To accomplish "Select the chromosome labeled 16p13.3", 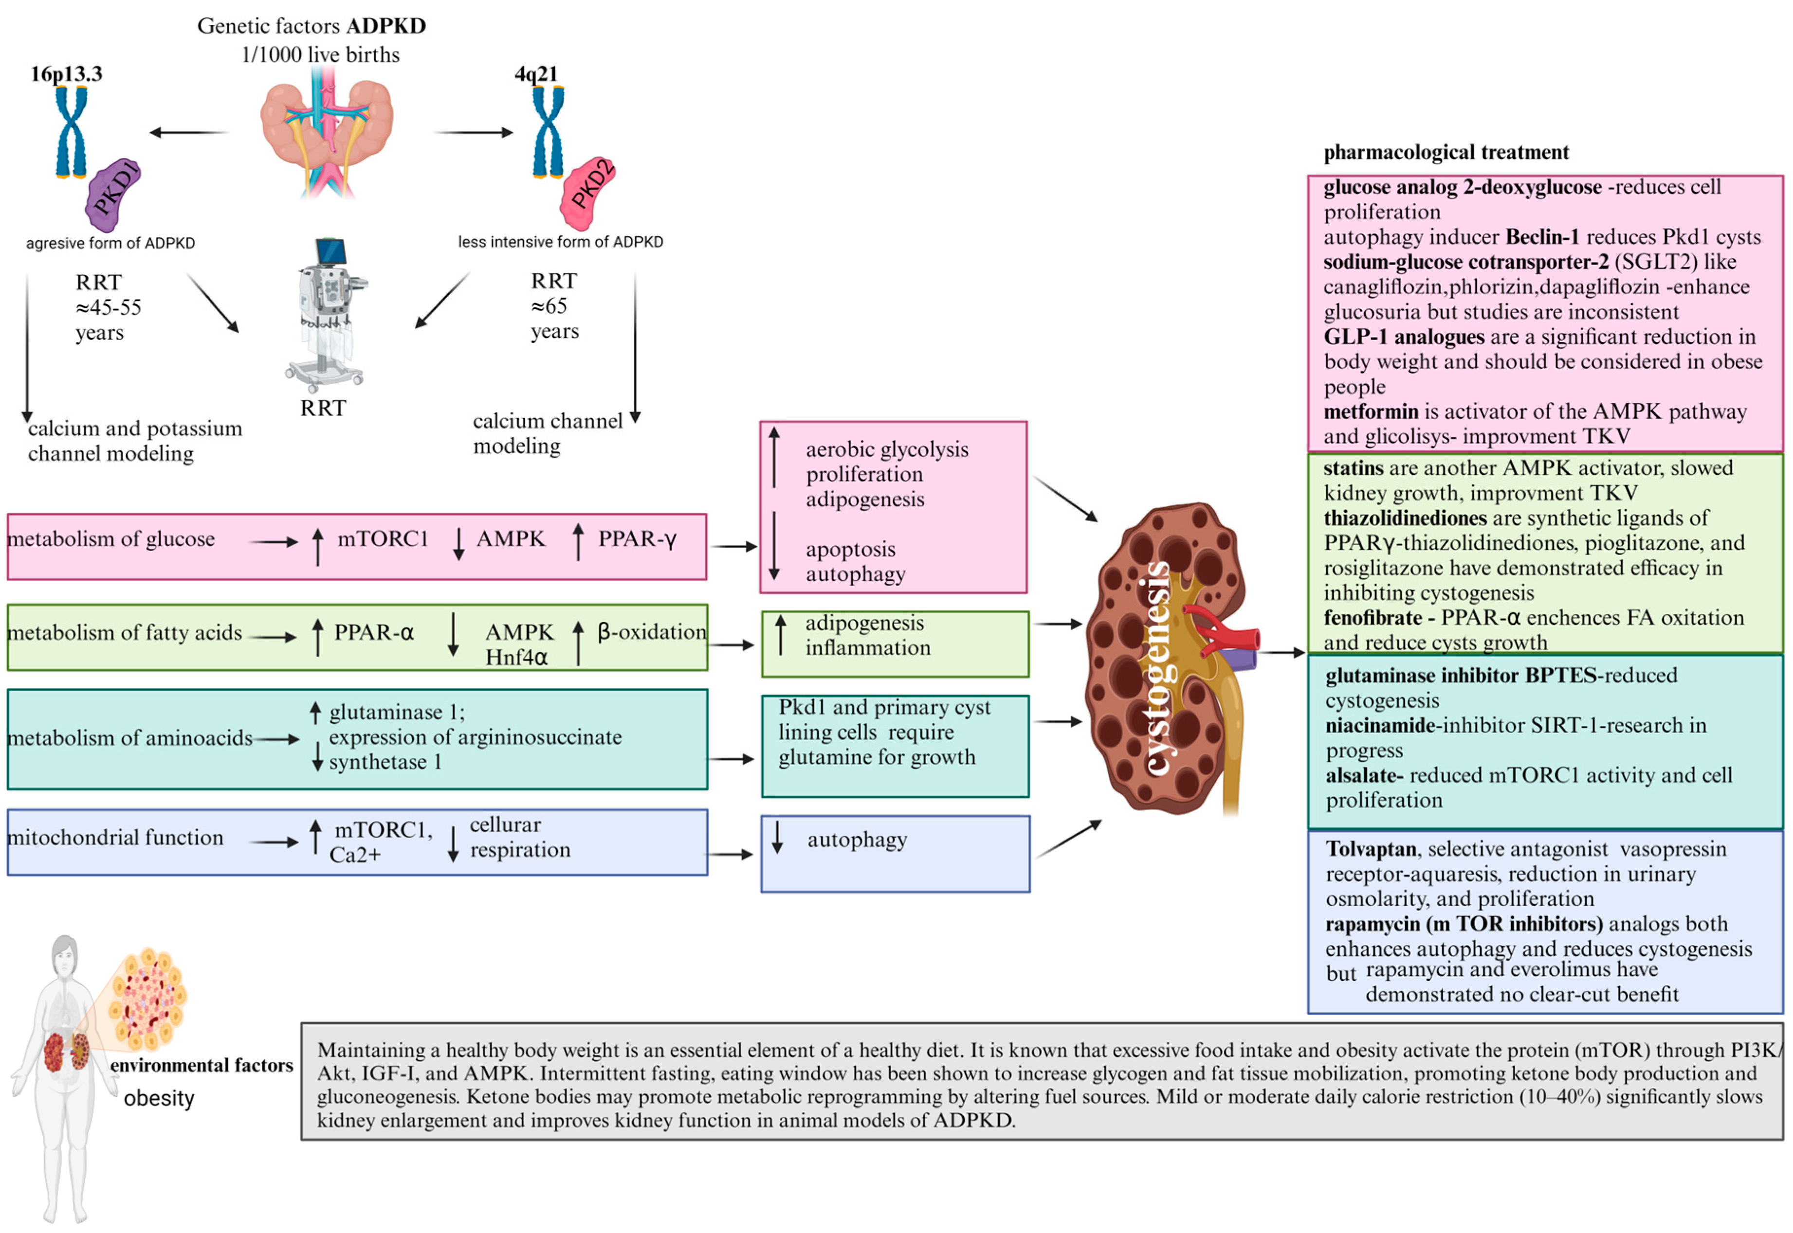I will [71, 131].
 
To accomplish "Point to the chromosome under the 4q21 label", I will [548, 131].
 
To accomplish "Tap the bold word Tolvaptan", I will [1370, 849].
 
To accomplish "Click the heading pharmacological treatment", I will [1445, 152].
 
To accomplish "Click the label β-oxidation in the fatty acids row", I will [652, 632].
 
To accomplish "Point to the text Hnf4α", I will [516, 658].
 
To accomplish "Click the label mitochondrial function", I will [115, 838].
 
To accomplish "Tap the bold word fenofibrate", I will [1372, 618].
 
